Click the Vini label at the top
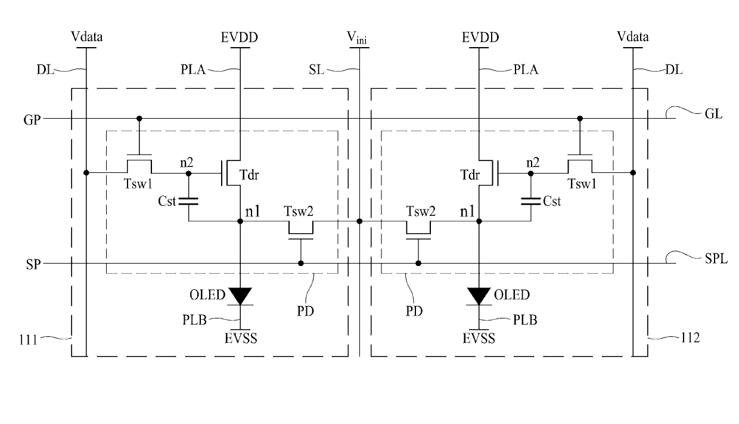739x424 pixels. click(x=356, y=38)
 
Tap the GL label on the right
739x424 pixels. click(x=713, y=114)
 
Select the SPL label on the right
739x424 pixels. click(x=716, y=259)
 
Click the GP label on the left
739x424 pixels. click(x=32, y=119)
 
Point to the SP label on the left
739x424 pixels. click(x=33, y=265)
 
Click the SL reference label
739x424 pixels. click(x=316, y=70)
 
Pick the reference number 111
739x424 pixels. click(x=29, y=339)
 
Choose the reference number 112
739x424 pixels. click(x=690, y=338)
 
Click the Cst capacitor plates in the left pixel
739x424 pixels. click(x=188, y=201)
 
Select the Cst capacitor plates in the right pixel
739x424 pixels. click(x=530, y=201)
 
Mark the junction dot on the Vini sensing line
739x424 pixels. click(x=359, y=221)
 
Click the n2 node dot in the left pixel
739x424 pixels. click(x=188, y=173)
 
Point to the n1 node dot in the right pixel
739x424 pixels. click(x=479, y=221)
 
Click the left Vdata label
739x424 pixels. click(x=87, y=36)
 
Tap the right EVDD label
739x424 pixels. click(x=480, y=38)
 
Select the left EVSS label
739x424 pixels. click(x=241, y=339)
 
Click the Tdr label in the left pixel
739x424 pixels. click(x=249, y=175)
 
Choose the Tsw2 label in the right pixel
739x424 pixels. click(x=421, y=211)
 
